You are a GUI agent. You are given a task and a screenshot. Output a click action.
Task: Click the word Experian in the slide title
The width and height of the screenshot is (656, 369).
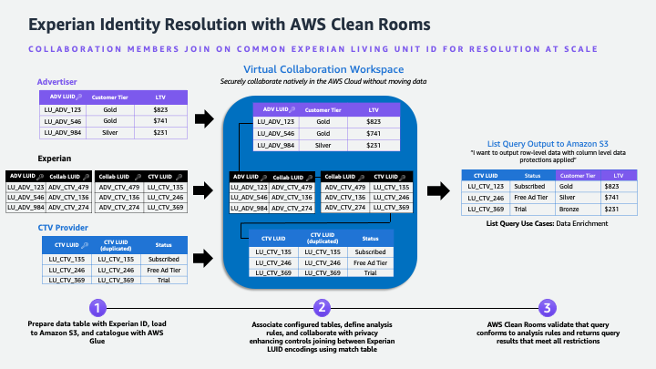coord(55,20)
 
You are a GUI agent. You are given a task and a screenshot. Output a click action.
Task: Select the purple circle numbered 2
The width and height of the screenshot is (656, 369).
coord(320,307)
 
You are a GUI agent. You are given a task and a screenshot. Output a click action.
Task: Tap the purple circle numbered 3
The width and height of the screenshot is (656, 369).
coord(546,307)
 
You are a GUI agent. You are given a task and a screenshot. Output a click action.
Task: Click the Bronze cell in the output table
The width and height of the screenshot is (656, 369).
coord(576,209)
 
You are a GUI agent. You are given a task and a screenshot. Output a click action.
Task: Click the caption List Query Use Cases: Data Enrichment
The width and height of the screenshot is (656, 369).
coord(548,223)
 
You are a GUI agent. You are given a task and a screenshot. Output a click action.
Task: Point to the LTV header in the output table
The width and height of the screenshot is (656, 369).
coord(619,174)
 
